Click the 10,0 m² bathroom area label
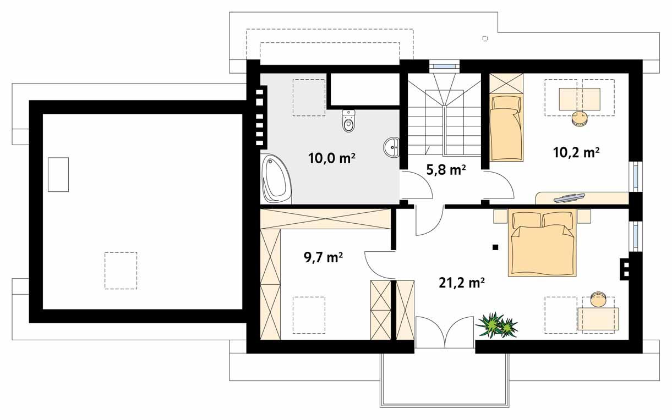(332, 158)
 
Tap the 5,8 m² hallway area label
(446, 170)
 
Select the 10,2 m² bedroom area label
(576, 152)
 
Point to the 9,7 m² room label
(324, 257)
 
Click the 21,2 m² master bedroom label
(462, 283)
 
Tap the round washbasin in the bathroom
(391, 147)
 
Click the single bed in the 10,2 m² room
(506, 128)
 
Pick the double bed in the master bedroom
(542, 242)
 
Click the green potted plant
(497, 325)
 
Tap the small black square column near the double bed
(495, 247)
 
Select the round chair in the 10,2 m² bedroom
(580, 119)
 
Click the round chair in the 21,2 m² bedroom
(598, 299)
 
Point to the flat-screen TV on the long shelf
(569, 198)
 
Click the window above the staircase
(444, 66)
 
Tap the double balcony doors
(444, 332)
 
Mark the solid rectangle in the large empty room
(58, 175)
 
